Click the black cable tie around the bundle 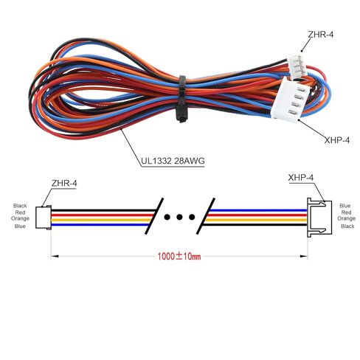pyautogui.click(x=180, y=97)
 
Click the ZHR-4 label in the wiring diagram pyautogui.click(x=66, y=183)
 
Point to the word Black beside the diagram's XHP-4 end pyautogui.click(x=345, y=227)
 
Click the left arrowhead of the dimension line pyautogui.click(x=54, y=257)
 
